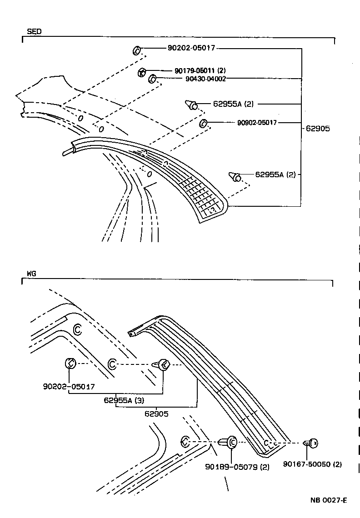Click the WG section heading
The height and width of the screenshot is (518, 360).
click(x=31, y=274)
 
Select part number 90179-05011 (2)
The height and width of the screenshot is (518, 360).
click(x=200, y=70)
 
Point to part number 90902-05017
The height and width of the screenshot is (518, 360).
click(x=257, y=122)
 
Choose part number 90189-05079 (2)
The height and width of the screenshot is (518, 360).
click(x=237, y=467)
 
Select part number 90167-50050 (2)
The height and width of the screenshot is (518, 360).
click(x=312, y=464)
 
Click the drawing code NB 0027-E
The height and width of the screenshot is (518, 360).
click(x=329, y=500)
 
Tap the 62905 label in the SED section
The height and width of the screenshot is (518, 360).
click(x=318, y=129)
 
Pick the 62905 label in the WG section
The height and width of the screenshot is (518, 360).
click(x=156, y=413)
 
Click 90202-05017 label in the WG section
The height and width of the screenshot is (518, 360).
click(x=69, y=387)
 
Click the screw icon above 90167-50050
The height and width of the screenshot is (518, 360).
click(x=311, y=442)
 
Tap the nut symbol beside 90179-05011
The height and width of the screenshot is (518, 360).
click(x=142, y=71)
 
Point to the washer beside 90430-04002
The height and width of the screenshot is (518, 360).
click(x=153, y=80)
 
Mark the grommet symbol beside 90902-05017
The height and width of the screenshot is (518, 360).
click(x=204, y=123)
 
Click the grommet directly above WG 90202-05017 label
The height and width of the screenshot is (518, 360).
click(x=70, y=363)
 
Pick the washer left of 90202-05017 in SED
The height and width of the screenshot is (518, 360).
click(x=136, y=50)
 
